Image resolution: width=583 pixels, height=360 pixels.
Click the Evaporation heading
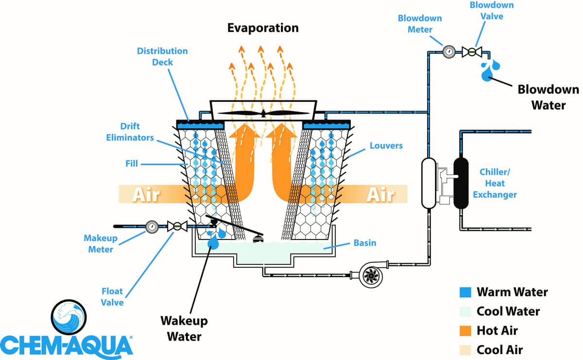[263, 28]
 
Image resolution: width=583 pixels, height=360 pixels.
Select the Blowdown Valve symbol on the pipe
[471, 51]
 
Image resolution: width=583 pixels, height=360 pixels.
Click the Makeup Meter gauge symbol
[152, 226]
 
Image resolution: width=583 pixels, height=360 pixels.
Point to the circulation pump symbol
[371, 276]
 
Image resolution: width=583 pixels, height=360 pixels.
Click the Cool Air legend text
[500, 349]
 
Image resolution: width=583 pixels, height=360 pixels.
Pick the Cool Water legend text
[508, 311]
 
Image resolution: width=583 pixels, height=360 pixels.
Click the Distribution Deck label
[162, 56]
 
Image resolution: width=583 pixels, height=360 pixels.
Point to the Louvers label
[386, 145]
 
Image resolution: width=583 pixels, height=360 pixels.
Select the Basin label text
[365, 242]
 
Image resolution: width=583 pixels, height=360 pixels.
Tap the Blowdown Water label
[548, 97]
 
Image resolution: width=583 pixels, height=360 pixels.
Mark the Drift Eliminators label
[130, 132]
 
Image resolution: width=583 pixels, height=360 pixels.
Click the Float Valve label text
[112, 297]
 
